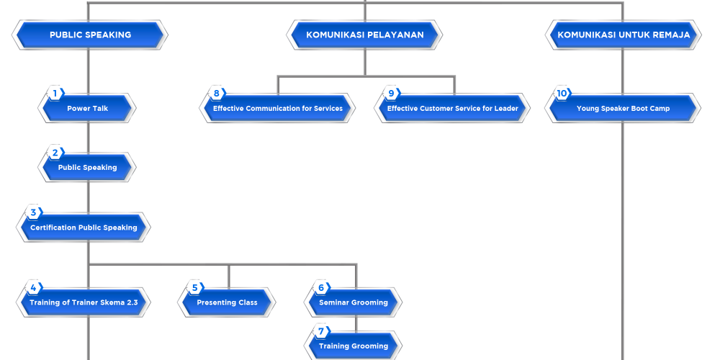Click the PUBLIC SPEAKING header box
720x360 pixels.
click(x=90, y=35)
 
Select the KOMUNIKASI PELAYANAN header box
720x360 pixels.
click(x=364, y=35)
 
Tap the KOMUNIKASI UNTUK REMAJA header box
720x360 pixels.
click(x=624, y=35)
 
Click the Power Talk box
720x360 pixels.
click(x=87, y=109)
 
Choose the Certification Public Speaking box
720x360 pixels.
click(x=84, y=228)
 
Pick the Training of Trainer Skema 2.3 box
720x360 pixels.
click(x=84, y=302)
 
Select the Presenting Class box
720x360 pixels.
click(x=227, y=302)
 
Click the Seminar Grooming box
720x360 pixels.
click(x=354, y=302)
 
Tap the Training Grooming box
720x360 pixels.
click(x=354, y=346)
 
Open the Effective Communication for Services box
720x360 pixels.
click(x=277, y=109)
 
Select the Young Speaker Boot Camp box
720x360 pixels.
click(x=623, y=109)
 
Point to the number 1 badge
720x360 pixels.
click(x=55, y=93)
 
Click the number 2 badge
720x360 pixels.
click(x=55, y=153)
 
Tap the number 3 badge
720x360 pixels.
click(x=33, y=212)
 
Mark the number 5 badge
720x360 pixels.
click(x=194, y=287)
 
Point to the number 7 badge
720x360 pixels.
click(x=321, y=332)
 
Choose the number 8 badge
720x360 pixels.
click(x=216, y=93)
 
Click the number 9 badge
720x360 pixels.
click(x=391, y=93)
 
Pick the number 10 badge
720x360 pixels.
click(x=562, y=93)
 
